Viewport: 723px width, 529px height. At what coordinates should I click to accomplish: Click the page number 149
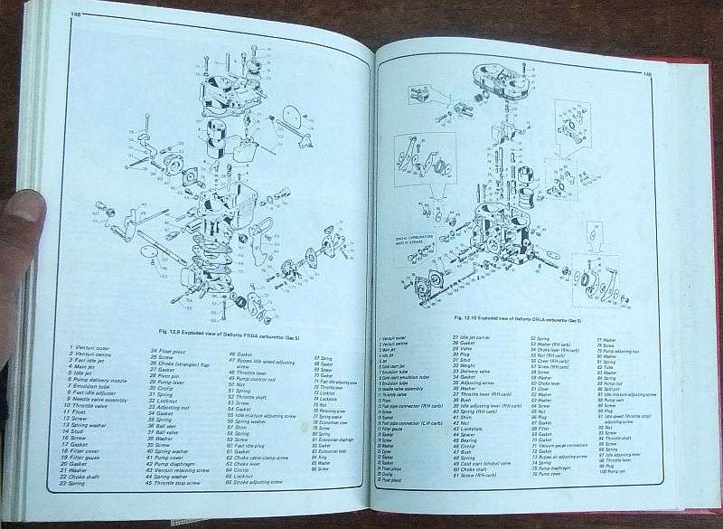647,75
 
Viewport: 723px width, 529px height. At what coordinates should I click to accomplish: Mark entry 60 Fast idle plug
255,446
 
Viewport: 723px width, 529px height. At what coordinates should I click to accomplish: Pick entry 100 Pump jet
613,471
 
